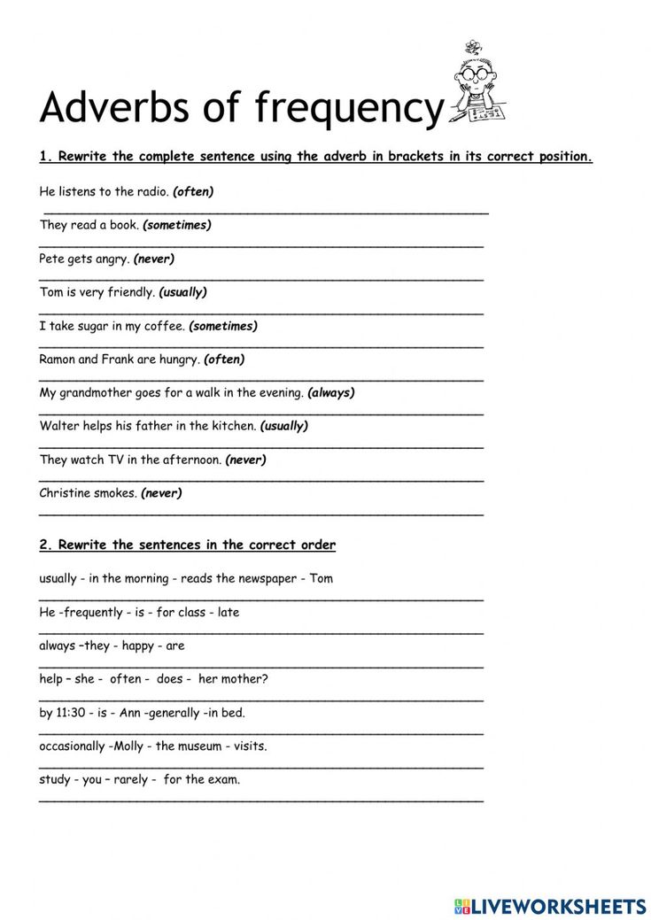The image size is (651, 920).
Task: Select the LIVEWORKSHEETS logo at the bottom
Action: click(x=550, y=906)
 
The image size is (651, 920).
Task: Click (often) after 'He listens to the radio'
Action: click(x=193, y=191)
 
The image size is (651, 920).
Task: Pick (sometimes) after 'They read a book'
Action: click(x=177, y=225)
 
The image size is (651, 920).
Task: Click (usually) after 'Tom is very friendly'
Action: click(x=182, y=292)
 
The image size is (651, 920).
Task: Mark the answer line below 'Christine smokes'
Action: click(x=261, y=513)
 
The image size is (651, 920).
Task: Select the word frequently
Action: click(x=95, y=612)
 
